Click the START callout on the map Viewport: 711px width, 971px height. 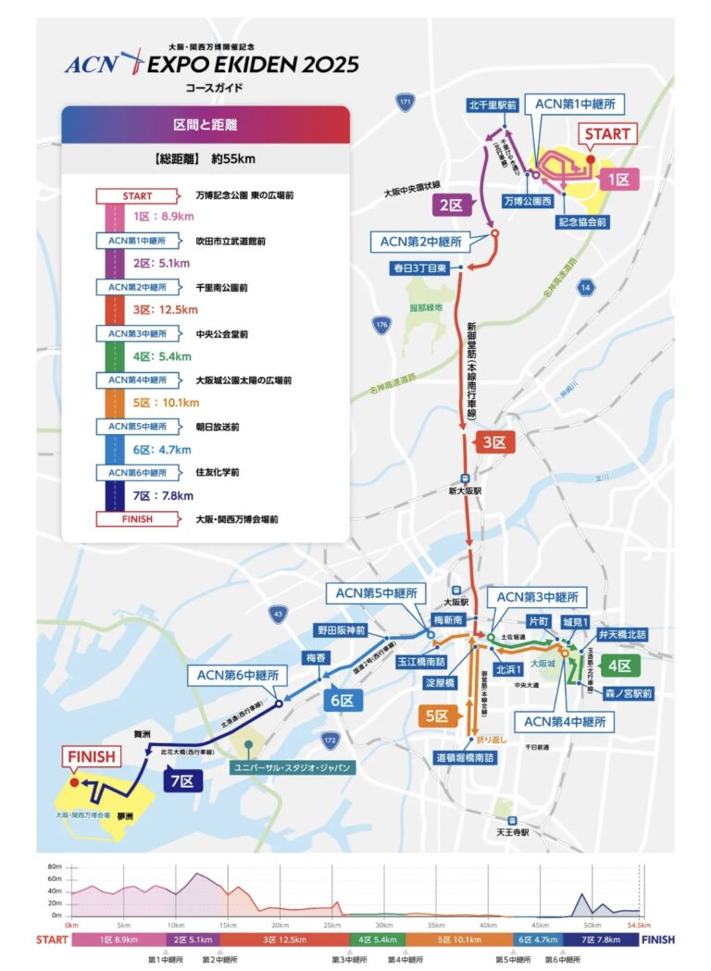(606, 134)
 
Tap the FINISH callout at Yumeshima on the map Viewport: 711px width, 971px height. (91, 756)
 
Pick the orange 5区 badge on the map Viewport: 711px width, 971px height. (438, 715)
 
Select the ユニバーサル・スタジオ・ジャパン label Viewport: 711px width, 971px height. (298, 766)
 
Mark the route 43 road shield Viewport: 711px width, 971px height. (278, 613)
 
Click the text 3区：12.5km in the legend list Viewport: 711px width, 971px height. (163, 310)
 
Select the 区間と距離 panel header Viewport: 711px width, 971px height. (205, 124)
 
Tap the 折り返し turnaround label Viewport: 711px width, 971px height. (492, 740)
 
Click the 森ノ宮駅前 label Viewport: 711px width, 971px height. (627, 691)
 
